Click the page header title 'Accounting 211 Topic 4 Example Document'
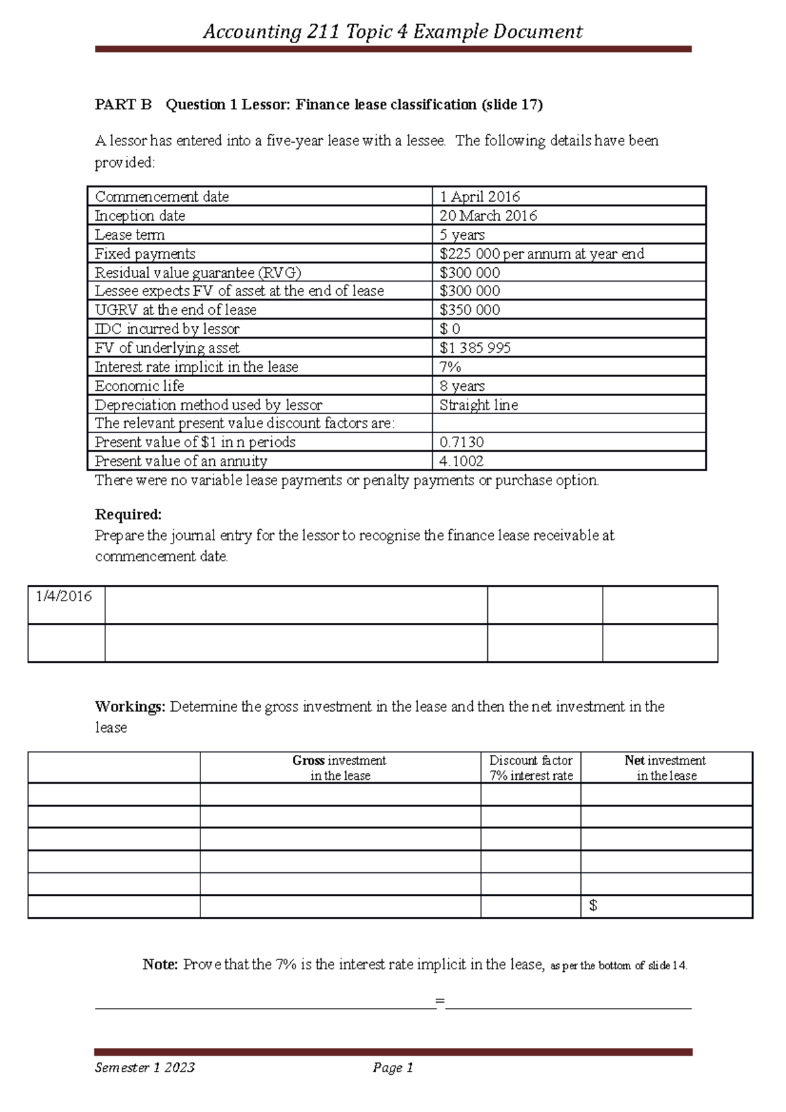click(392, 31)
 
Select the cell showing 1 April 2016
click(479, 196)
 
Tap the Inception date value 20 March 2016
click(488, 215)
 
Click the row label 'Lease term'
click(130, 234)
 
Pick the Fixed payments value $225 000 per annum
click(542, 253)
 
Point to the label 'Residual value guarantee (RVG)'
click(198, 272)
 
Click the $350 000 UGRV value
click(470, 310)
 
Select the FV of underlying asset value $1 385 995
click(475, 348)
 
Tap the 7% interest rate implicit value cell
click(450, 367)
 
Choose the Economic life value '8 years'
click(462, 386)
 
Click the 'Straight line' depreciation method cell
click(478, 405)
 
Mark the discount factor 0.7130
click(461, 442)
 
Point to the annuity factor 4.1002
click(461, 461)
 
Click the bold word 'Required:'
click(128, 514)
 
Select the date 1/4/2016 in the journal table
click(64, 596)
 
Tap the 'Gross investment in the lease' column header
click(339, 768)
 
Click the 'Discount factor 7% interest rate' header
click(531, 768)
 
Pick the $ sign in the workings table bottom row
click(593, 906)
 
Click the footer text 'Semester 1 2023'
click(145, 1067)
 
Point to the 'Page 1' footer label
click(392, 1067)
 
